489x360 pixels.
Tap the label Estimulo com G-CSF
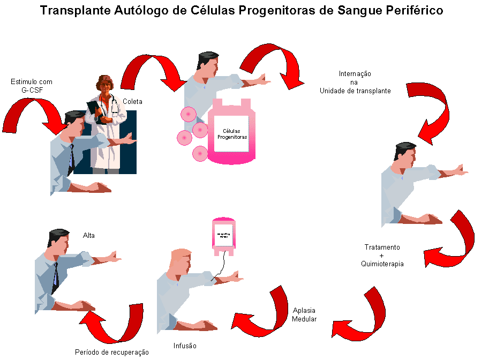[x=32, y=86]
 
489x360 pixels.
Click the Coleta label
[x=132, y=101]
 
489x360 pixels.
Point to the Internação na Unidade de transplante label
[x=355, y=82]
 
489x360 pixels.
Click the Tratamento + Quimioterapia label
[x=382, y=256]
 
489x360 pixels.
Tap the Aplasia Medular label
[x=304, y=315]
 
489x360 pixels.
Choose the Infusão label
[x=185, y=346]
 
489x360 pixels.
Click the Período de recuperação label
[x=111, y=352]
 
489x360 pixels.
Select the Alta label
[x=89, y=235]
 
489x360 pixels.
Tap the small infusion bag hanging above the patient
[x=223, y=236]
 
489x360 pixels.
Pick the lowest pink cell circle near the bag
[x=200, y=154]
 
